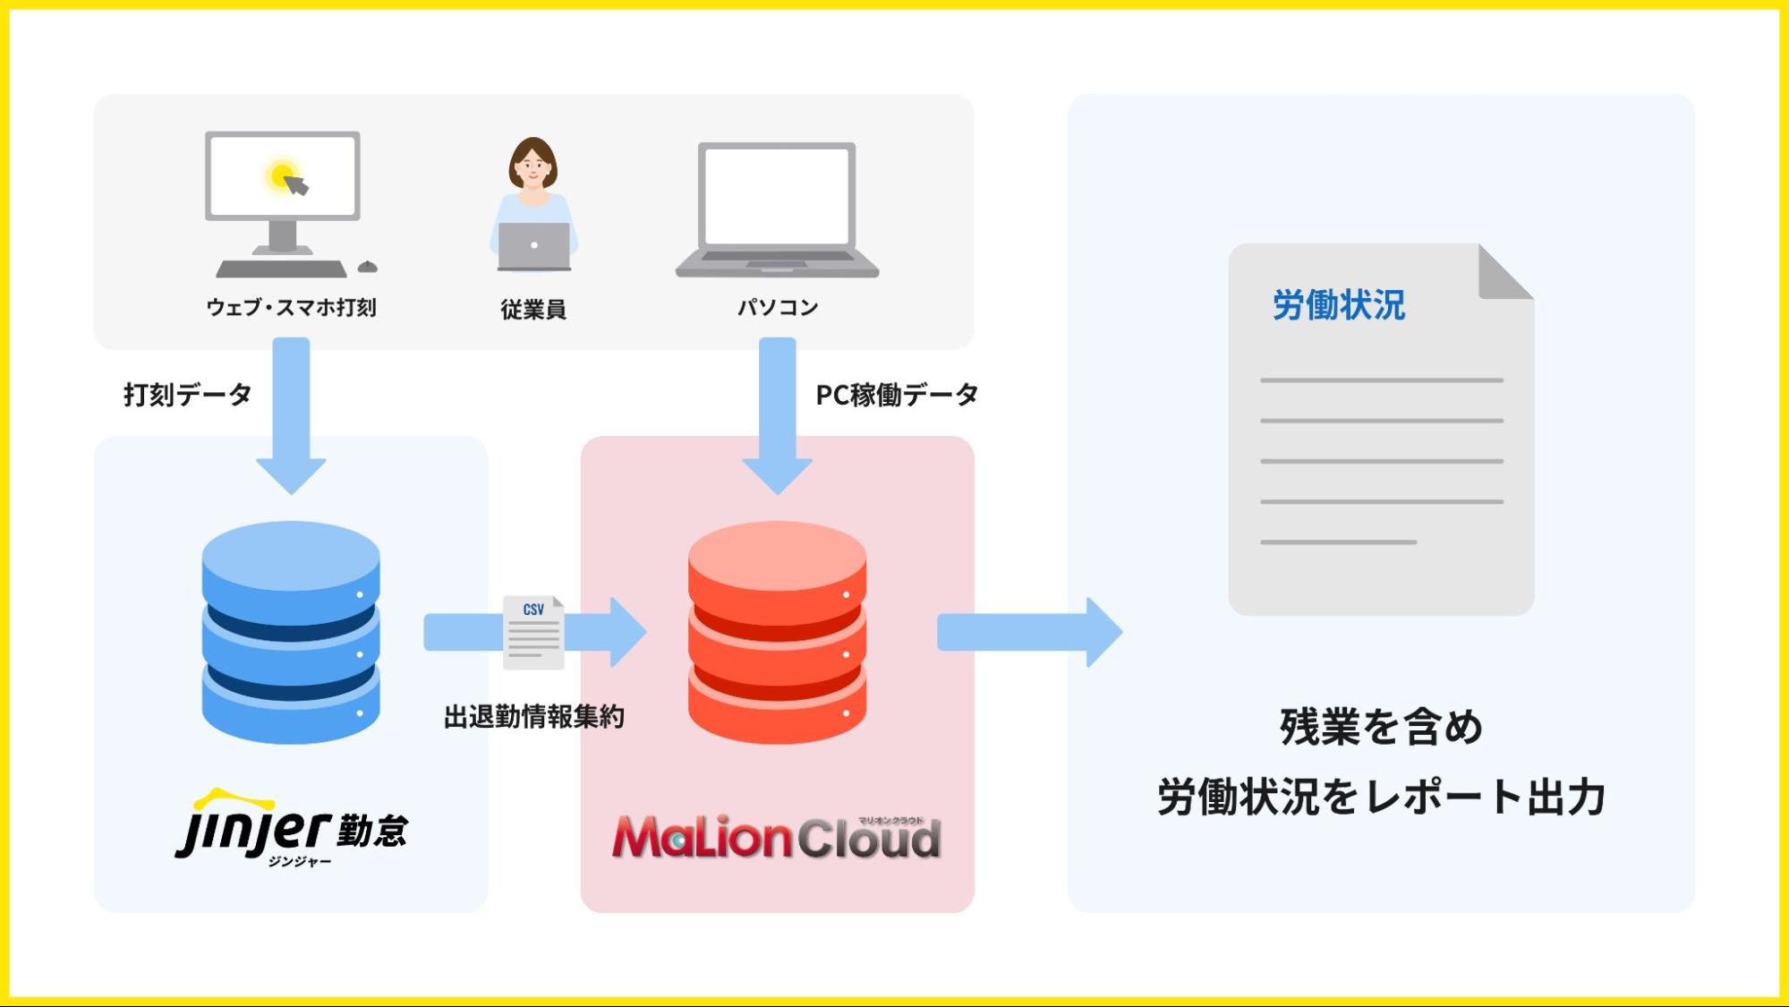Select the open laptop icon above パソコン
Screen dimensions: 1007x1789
click(x=777, y=209)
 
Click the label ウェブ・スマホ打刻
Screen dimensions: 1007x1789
click(x=291, y=308)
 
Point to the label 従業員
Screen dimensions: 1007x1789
click(x=533, y=310)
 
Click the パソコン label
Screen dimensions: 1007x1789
click(x=777, y=308)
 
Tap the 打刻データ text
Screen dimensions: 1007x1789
click(x=187, y=395)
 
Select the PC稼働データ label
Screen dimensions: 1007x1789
click(x=896, y=395)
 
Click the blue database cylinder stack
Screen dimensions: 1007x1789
click(x=291, y=632)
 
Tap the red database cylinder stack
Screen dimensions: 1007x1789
click(x=777, y=632)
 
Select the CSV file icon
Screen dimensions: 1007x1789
click(x=533, y=632)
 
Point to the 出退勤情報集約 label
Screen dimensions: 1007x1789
click(x=533, y=717)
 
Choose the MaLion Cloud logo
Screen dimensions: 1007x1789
click(x=777, y=837)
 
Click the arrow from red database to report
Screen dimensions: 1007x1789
click(x=1029, y=632)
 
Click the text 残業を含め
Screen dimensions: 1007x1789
click(x=1381, y=727)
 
